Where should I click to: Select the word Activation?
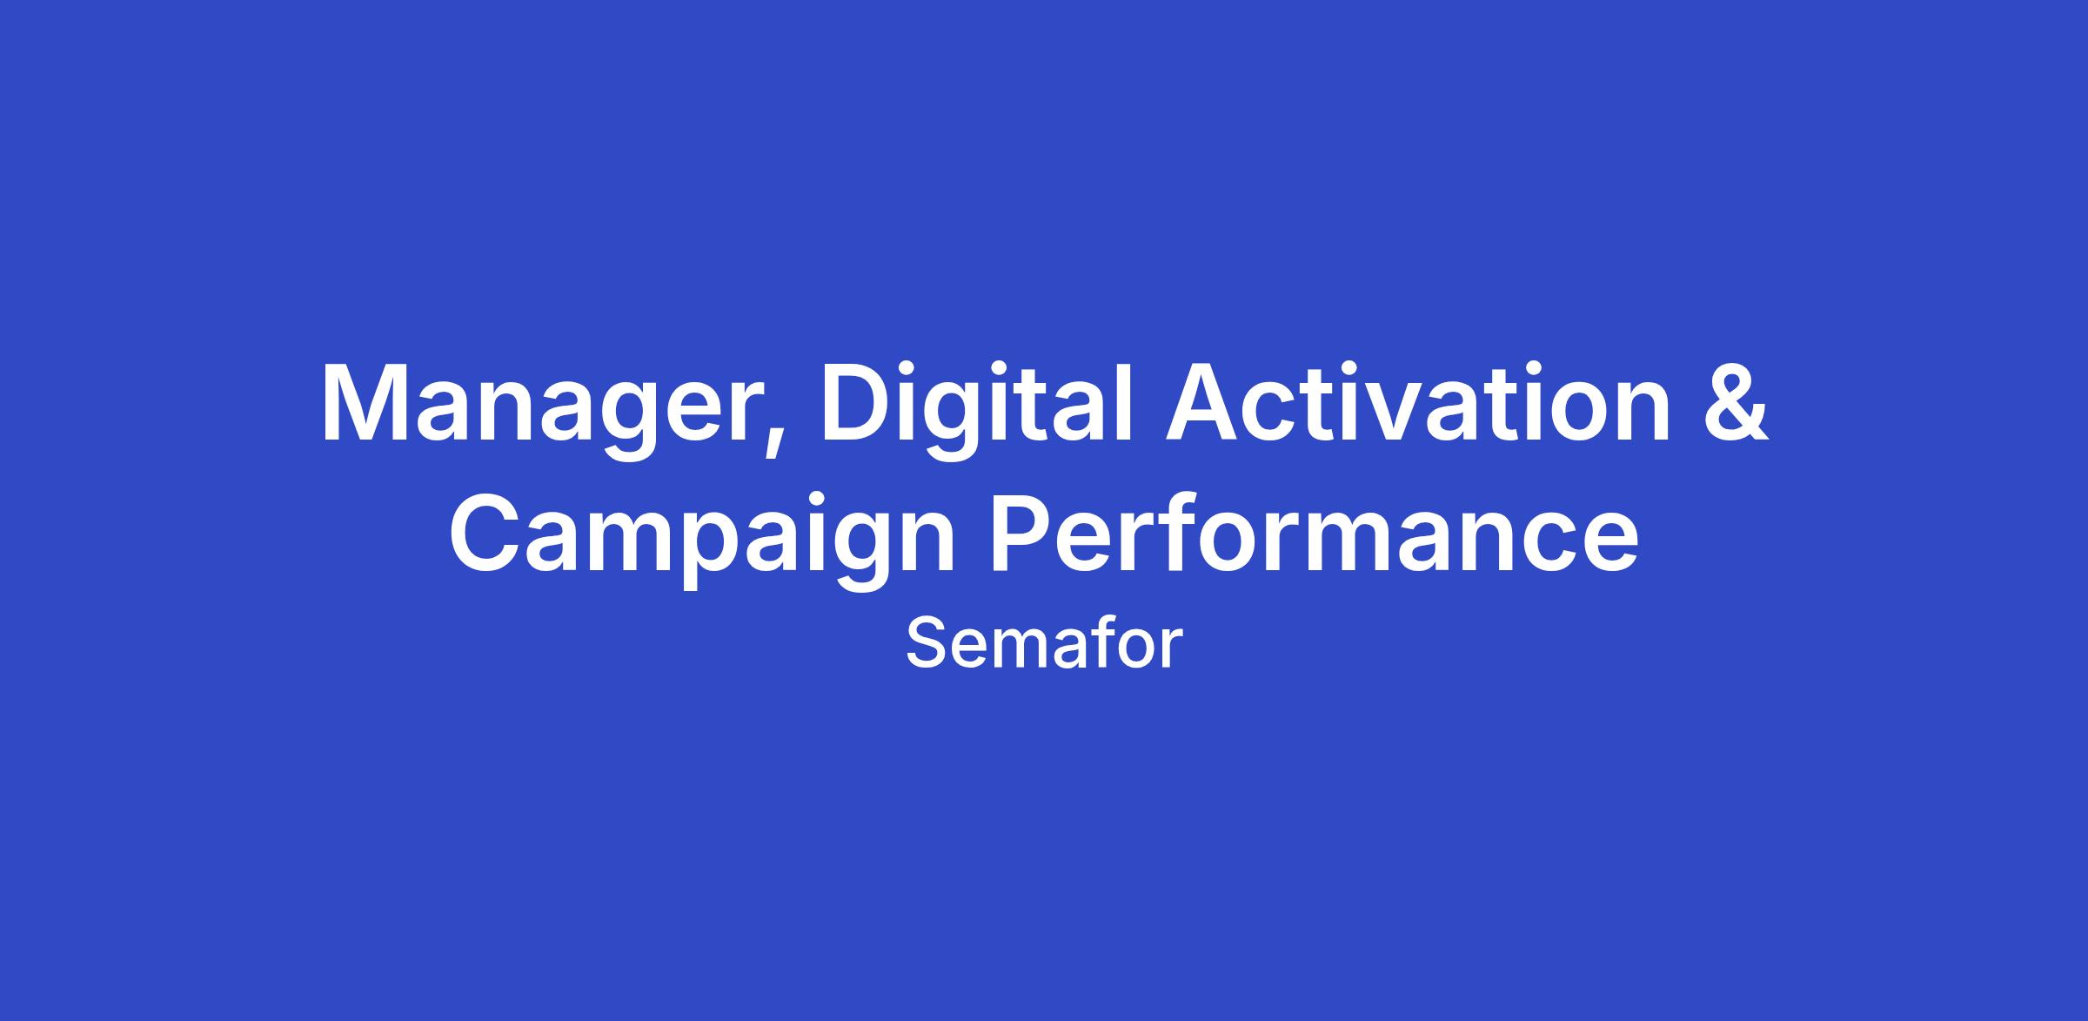[x=1418, y=400]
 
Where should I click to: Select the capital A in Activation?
[x=1208, y=401]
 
